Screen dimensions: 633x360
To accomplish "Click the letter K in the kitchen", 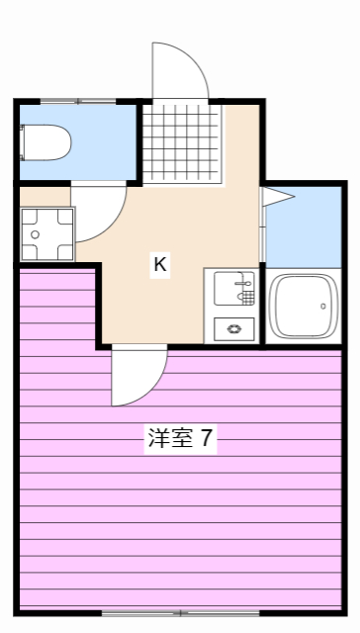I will (159, 264).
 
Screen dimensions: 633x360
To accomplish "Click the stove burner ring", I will (233, 330).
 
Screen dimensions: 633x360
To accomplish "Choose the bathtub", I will (304, 306).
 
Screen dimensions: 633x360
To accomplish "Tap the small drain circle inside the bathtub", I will (322, 307).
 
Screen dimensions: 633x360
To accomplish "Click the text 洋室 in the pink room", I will (165, 438).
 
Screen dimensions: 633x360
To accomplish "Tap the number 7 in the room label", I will (207, 438).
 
